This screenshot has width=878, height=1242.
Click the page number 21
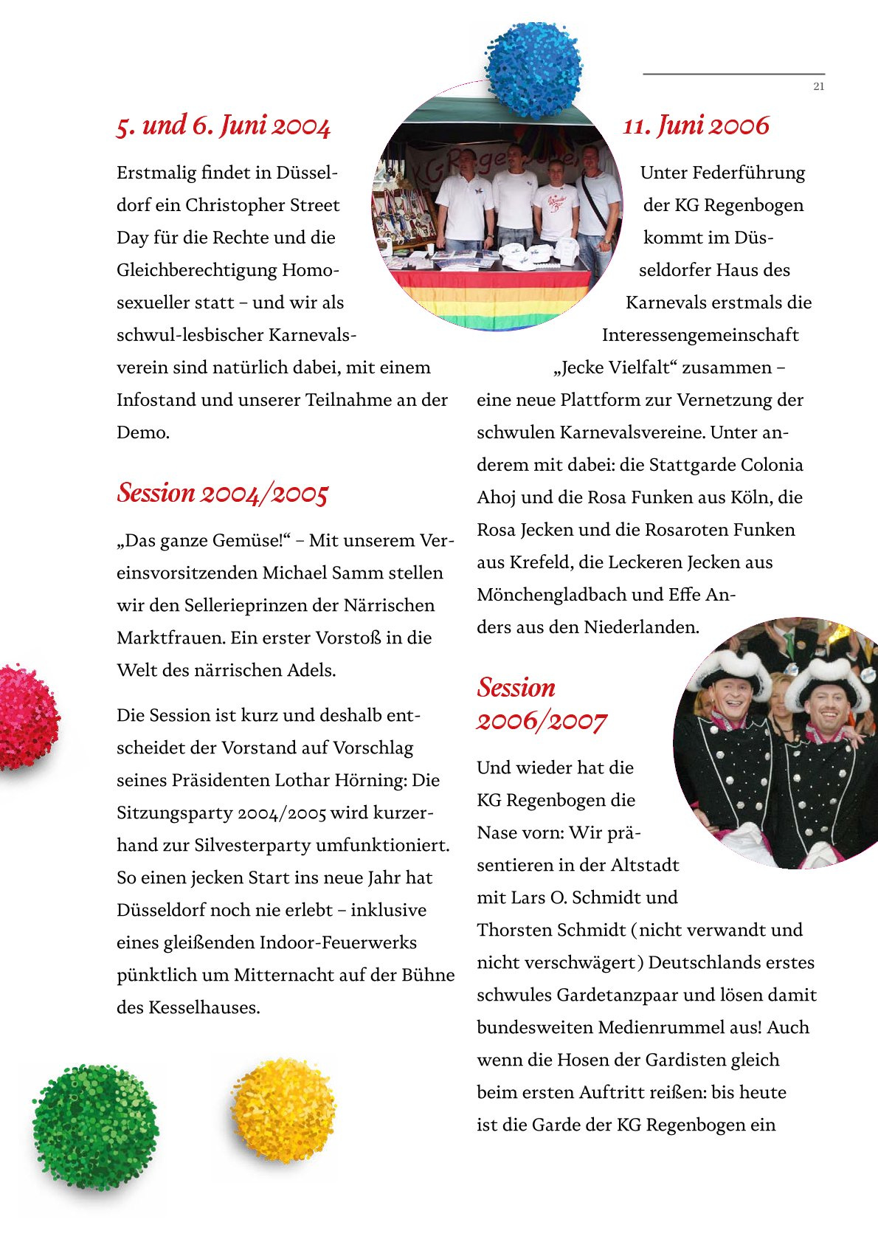(818, 87)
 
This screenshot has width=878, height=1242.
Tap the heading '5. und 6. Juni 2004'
(223, 125)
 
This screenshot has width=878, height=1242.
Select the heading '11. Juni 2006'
(696, 125)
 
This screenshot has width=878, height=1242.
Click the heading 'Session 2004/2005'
(222, 493)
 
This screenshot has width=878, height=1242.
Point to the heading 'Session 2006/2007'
(541, 704)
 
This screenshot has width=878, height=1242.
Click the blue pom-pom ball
(533, 69)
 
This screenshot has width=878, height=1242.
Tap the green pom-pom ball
(94, 1126)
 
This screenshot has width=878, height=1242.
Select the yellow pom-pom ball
(283, 1109)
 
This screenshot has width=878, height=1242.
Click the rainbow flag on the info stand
(491, 298)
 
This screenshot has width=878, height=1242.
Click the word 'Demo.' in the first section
(143, 432)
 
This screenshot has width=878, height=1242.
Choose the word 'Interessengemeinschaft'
(700, 335)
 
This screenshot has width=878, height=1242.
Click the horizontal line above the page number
(733, 74)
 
